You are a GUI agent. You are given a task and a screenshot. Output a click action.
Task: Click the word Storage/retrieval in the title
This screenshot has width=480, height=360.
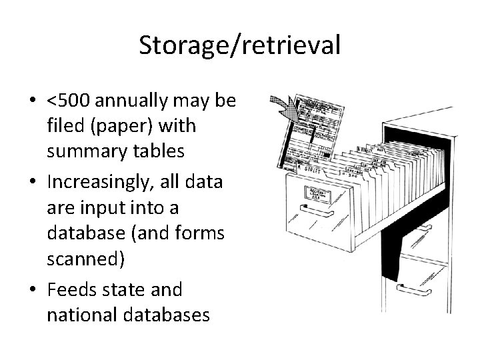tap(240, 45)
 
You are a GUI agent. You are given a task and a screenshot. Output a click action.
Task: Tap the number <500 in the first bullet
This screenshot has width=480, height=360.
tap(69, 101)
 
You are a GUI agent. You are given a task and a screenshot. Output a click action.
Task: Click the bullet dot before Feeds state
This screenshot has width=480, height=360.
tap(32, 291)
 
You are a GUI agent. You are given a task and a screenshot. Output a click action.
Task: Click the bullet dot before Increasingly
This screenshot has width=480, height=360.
tap(32, 183)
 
